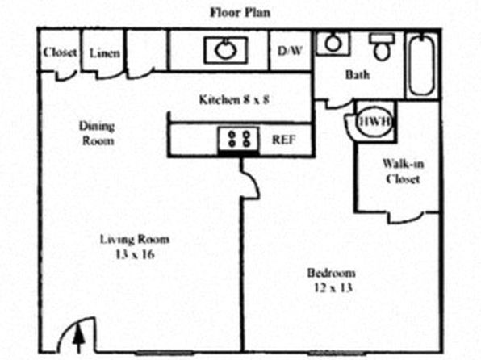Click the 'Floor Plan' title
coord(240,13)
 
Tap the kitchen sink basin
coord(226,50)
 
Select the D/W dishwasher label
coord(290,51)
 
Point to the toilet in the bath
coord(382,46)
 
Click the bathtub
coord(422,65)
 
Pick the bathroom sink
coord(333,44)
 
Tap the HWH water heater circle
coord(374,122)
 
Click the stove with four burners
coord(238,140)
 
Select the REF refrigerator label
coord(284,140)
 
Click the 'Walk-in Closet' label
coord(403,171)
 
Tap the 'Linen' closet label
coord(105,53)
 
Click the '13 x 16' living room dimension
coord(135,254)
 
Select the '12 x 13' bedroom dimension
coord(333,287)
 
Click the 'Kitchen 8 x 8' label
coord(234,100)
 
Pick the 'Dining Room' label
coord(97,133)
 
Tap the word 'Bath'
coord(358,74)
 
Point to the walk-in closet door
coord(405,219)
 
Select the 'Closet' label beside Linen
coord(60,52)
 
